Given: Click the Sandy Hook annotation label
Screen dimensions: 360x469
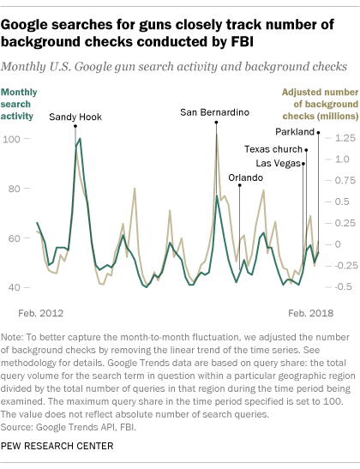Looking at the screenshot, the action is (75, 117).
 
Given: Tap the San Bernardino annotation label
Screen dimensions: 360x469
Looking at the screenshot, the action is (214, 112).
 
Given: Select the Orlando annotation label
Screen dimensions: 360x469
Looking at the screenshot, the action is (245, 178).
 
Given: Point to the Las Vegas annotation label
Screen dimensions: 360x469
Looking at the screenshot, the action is (278, 164).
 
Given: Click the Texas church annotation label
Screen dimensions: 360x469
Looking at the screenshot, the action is (273, 149).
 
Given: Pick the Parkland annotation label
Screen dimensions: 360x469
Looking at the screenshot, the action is (295, 132).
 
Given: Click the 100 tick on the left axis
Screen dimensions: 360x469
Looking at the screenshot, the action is (11, 139).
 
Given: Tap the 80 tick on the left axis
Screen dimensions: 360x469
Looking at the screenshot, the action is (14, 189).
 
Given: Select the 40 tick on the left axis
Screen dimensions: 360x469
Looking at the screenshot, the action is (14, 287).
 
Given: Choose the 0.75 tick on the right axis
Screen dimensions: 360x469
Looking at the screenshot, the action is (345, 180).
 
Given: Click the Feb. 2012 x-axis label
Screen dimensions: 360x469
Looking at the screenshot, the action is (41, 313).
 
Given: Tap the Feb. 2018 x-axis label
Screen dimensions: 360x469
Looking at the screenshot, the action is (310, 313).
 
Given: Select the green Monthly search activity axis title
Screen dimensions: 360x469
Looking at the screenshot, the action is (19, 104).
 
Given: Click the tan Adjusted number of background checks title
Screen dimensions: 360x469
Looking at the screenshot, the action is (321, 104).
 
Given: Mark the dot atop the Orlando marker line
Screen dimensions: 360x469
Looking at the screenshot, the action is (240, 185).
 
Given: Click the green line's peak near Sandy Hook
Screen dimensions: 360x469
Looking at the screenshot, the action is (80, 139).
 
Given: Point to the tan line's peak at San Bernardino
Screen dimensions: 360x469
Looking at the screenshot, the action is (217, 135).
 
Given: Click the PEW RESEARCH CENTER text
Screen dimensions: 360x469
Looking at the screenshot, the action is (57, 446).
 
